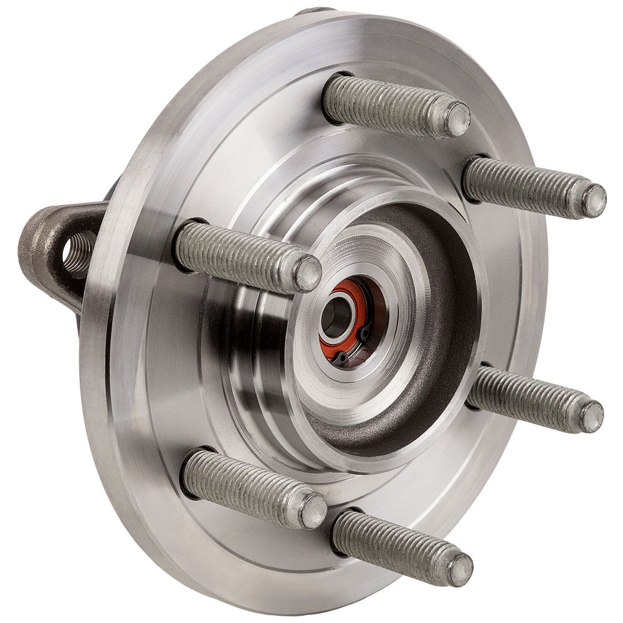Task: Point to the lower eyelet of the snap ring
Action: tap(342, 357)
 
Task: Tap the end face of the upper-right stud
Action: tap(594, 201)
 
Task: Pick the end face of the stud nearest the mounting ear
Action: tap(307, 273)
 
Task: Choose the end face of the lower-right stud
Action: tap(591, 417)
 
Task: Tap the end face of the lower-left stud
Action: tap(313, 510)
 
